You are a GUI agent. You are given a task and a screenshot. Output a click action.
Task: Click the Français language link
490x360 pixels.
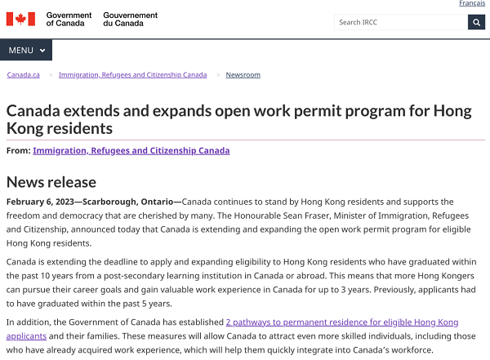coord(471,4)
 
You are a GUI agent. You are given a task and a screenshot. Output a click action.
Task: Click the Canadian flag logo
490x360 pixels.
coord(20,19)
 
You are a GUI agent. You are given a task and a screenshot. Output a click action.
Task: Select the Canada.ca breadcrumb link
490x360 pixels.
coord(23,75)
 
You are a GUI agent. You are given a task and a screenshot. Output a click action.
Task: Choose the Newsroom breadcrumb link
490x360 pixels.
coord(243,75)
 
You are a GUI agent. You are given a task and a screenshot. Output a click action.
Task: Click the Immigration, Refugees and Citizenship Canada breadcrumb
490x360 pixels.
coord(132,75)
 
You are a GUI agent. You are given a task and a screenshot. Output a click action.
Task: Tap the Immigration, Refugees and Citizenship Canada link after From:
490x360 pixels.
coord(131,150)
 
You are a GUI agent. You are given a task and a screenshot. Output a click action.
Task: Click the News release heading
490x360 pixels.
coord(51,181)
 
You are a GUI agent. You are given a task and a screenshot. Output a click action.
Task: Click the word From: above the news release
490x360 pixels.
coord(18,150)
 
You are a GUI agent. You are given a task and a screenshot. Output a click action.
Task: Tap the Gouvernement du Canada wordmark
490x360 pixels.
coord(130,19)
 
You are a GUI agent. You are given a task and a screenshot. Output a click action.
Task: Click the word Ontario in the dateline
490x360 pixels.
coord(154,202)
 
